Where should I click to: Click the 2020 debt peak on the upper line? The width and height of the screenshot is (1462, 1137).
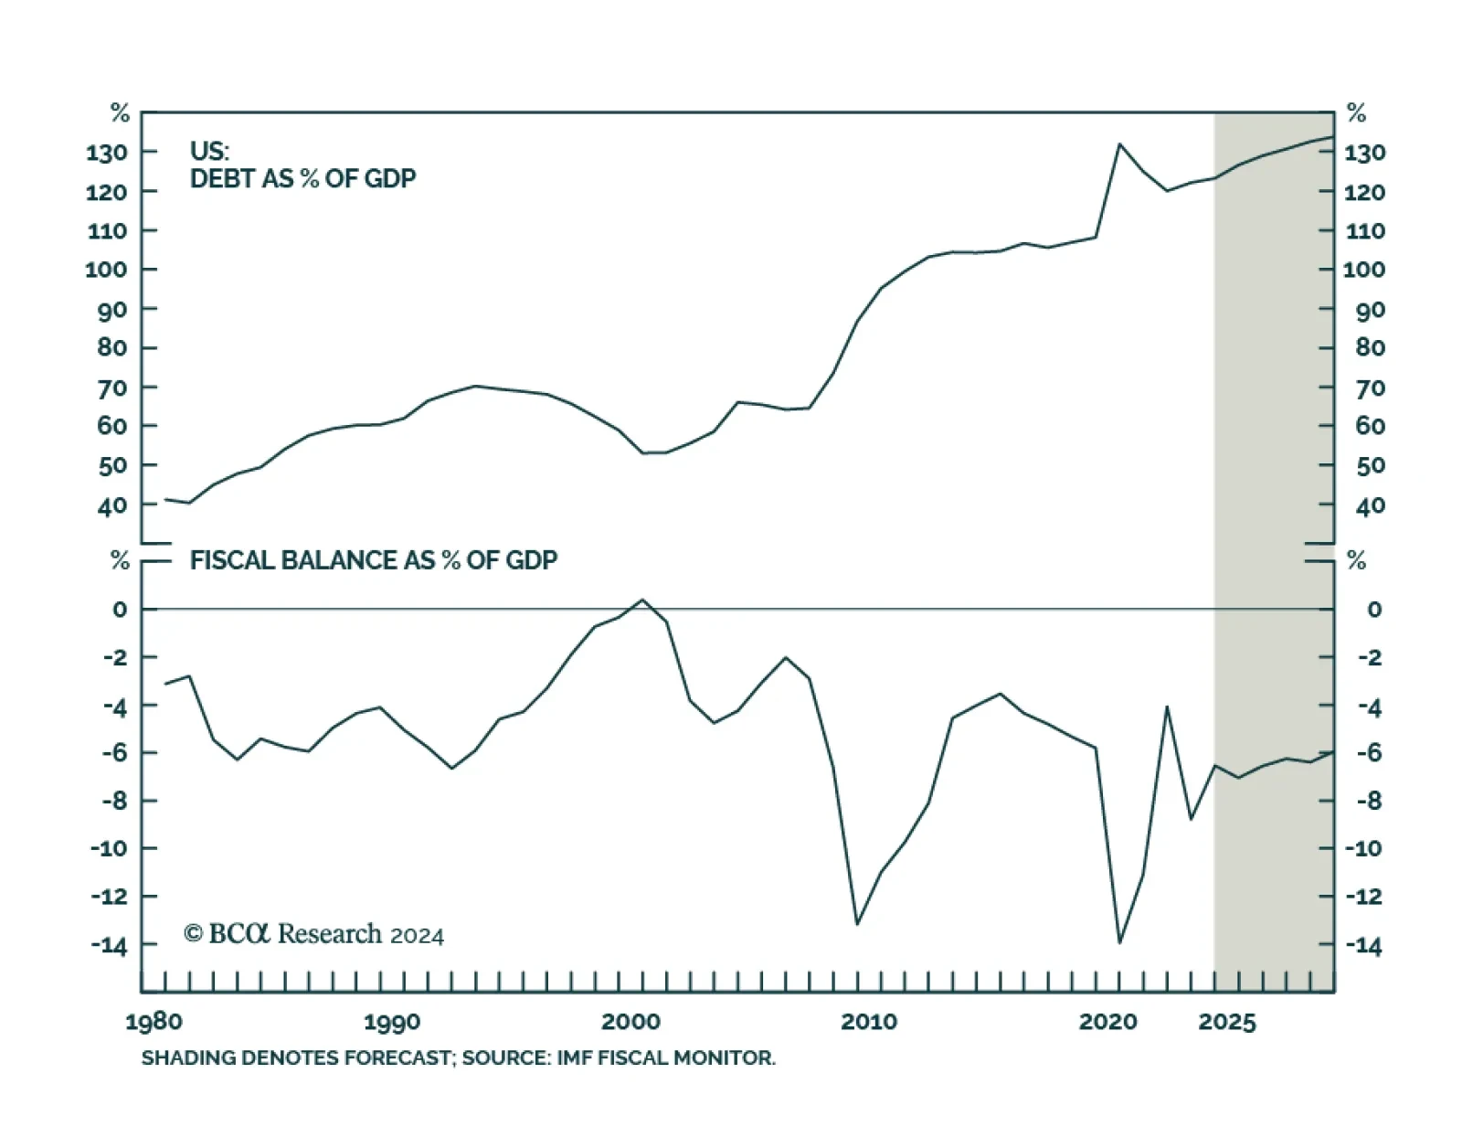click(x=1119, y=144)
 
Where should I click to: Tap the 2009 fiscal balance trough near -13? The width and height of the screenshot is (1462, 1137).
click(x=857, y=924)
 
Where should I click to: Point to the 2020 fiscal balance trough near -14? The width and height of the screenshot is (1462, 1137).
click(x=1119, y=942)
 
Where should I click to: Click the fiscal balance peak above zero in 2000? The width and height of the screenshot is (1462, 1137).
click(x=641, y=600)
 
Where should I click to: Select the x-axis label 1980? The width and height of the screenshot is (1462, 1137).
click(x=154, y=1021)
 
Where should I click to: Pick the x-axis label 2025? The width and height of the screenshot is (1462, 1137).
click(x=1227, y=1021)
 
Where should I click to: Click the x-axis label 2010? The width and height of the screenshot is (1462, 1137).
click(x=869, y=1021)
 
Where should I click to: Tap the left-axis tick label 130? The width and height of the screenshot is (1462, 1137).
click(x=106, y=153)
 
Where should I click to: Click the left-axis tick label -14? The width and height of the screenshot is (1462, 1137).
click(x=109, y=945)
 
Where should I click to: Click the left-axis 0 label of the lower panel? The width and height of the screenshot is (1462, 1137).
click(x=120, y=610)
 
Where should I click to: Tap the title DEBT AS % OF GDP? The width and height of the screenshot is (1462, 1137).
click(x=302, y=178)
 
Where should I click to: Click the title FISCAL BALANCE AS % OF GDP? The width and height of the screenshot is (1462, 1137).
click(x=373, y=560)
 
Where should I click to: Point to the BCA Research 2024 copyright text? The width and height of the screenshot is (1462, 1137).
click(x=313, y=934)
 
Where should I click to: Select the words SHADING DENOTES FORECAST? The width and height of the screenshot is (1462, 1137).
click(x=296, y=1058)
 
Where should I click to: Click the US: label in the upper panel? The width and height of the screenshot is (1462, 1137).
click(x=209, y=151)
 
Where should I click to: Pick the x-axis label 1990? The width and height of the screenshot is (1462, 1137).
click(x=392, y=1021)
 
